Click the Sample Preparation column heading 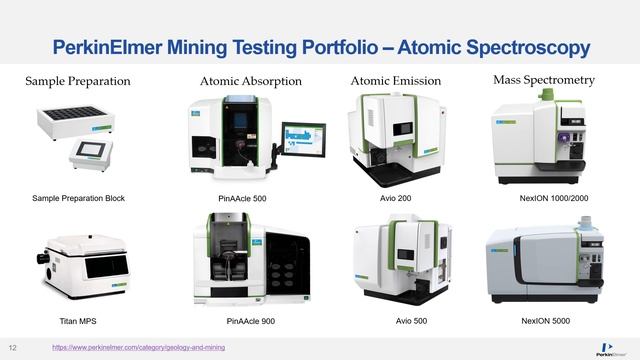[x=78, y=81]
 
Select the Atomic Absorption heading [x=250, y=81]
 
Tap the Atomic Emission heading [x=397, y=80]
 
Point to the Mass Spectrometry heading [x=544, y=79]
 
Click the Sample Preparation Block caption [x=79, y=198]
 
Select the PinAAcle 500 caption [x=241, y=199]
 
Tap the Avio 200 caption [x=397, y=198]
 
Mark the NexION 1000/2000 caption [x=553, y=198]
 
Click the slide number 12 [x=14, y=347]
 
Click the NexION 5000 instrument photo [x=544, y=264]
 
